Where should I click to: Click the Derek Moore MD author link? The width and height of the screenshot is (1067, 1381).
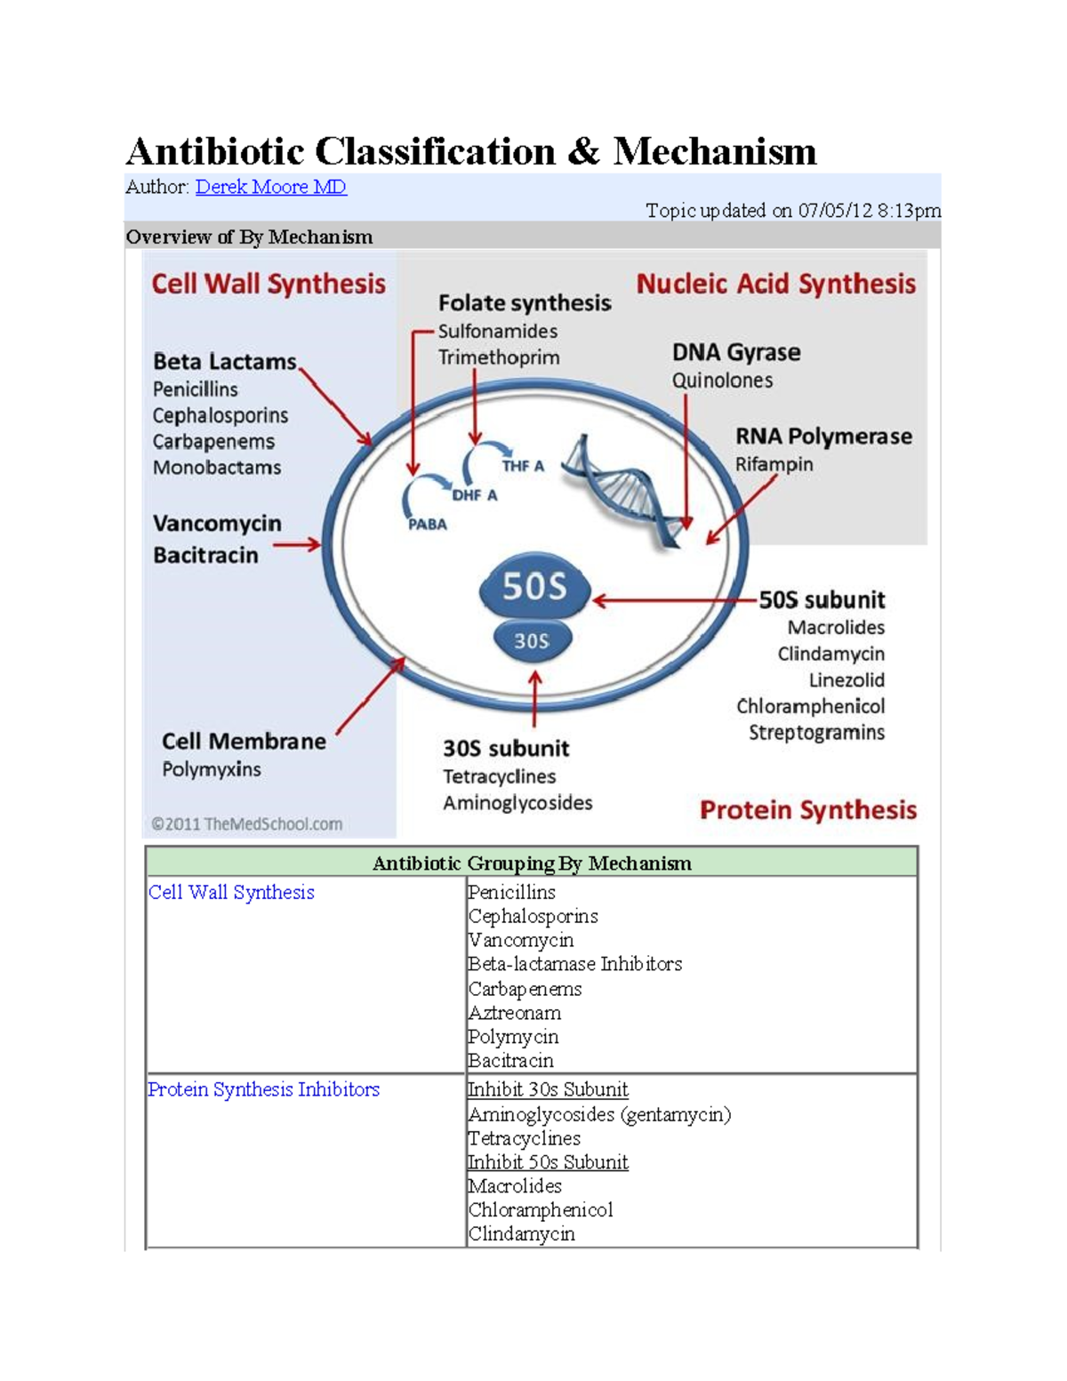(270, 187)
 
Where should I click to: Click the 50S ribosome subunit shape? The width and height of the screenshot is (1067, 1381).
(534, 587)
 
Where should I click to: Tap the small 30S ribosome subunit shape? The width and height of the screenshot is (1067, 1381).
(532, 641)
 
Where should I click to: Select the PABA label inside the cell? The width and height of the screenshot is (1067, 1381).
(427, 525)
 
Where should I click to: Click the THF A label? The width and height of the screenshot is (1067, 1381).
(523, 466)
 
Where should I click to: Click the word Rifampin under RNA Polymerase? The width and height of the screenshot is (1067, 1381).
(774, 464)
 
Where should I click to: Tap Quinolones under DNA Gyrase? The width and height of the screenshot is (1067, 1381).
(722, 381)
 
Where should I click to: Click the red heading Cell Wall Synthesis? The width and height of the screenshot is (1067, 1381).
(269, 284)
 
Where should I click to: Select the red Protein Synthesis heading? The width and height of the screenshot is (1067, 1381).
(807, 810)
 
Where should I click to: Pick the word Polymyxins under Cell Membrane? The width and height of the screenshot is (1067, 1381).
(212, 769)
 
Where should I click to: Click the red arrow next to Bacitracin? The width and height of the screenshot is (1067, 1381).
(297, 544)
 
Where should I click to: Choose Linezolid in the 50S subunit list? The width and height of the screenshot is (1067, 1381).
(846, 680)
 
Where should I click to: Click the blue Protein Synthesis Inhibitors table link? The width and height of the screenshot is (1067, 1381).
(263, 1089)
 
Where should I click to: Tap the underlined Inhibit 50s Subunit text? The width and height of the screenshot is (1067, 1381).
(548, 1162)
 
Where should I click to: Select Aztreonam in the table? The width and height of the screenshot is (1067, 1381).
(515, 1013)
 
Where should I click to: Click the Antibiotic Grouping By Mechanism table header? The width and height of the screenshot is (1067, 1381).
(532, 863)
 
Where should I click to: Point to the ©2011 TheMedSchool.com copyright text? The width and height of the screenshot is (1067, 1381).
(246, 824)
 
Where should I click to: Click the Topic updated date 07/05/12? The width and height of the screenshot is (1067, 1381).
(835, 211)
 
